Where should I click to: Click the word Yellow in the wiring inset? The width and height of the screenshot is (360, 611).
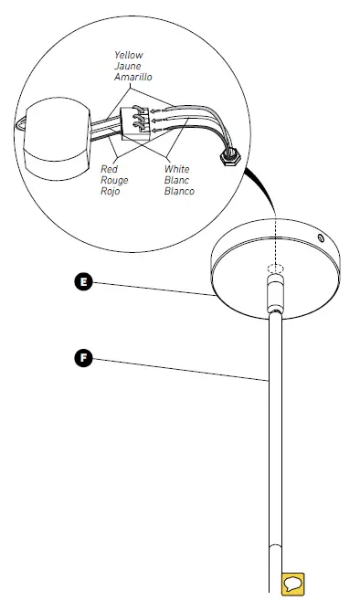[129, 55]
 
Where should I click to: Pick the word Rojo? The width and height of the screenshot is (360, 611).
[109, 192]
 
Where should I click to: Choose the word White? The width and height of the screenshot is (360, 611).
[177, 169]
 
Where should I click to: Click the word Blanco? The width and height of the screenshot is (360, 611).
[179, 192]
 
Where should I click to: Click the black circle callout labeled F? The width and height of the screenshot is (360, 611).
[85, 357]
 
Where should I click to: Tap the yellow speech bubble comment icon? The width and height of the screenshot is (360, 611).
[293, 584]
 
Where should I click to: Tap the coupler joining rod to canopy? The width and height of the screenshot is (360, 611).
[273, 295]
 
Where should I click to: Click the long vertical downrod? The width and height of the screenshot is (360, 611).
[273, 438]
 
